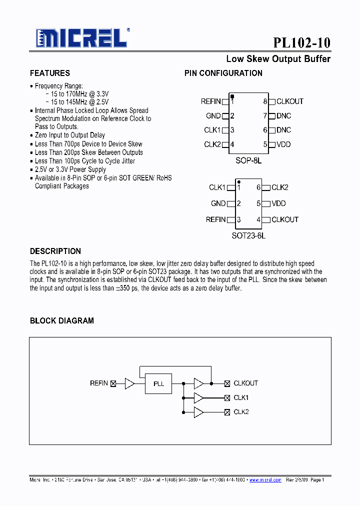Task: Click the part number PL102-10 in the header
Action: point(301,43)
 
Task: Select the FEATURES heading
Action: point(50,73)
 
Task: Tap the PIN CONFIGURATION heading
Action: point(223,73)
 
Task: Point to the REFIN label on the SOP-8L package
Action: point(210,101)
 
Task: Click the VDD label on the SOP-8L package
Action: point(283,144)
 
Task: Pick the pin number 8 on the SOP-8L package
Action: point(265,101)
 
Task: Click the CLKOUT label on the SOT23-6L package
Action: point(284,219)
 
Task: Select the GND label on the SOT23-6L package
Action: point(218,203)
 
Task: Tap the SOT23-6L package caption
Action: point(248,235)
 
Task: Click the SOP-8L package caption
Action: point(248,161)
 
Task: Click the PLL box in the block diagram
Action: point(158,383)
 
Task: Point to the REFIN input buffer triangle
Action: point(129,383)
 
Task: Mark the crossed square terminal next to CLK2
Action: point(227,412)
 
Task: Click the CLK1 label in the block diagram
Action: point(241,397)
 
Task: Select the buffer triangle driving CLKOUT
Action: point(198,383)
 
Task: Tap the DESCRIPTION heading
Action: point(55,251)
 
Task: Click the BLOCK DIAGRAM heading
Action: point(62,320)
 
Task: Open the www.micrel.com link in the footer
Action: point(265,480)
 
